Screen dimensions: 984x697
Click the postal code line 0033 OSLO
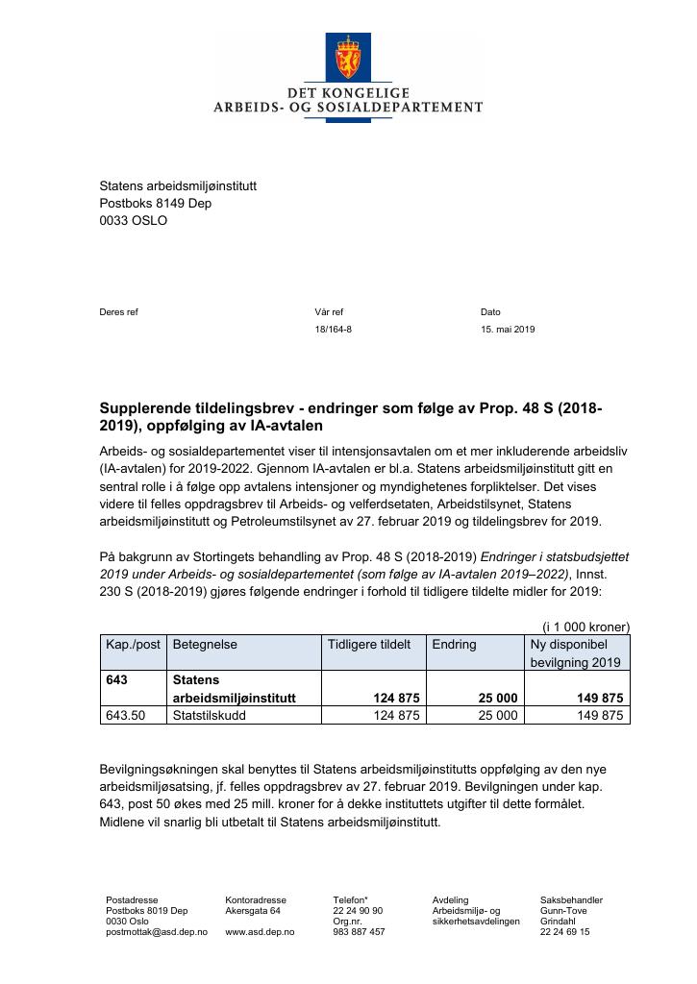click(133, 220)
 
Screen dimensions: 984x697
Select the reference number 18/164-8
click(333, 329)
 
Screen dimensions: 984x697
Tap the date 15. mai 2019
click(508, 329)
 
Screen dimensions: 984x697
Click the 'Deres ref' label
click(119, 311)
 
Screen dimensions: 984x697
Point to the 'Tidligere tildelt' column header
click(370, 644)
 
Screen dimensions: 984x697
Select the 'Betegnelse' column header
click(205, 644)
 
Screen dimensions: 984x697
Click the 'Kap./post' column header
click(133, 644)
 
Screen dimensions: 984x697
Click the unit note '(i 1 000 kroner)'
click(585, 626)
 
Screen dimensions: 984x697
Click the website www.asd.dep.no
click(260, 932)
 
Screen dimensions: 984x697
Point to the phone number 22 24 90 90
click(358, 910)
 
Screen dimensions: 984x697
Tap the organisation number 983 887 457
click(359, 932)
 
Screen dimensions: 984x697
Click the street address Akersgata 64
click(253, 910)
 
